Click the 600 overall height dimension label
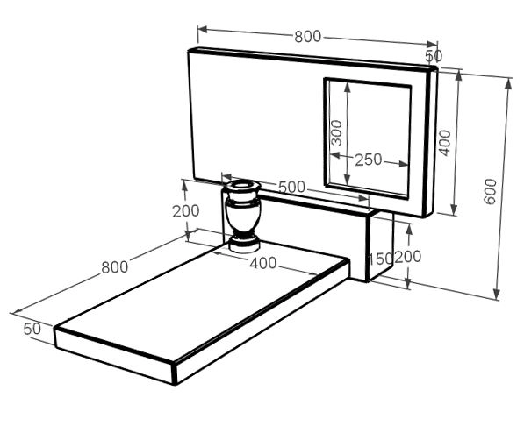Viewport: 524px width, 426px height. pos(491,191)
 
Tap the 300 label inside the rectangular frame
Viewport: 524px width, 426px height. pos(336,133)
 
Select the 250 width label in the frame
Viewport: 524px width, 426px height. pos(368,160)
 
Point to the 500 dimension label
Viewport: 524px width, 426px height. pos(291,188)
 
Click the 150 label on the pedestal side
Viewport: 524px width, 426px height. pos(380,259)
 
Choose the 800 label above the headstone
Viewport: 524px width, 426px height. pos(308,37)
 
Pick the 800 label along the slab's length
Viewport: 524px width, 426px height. pos(115,267)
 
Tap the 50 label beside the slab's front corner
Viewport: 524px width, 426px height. pos(32,329)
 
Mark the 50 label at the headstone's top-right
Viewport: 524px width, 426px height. pos(434,56)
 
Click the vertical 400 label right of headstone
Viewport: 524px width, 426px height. pos(444,143)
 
